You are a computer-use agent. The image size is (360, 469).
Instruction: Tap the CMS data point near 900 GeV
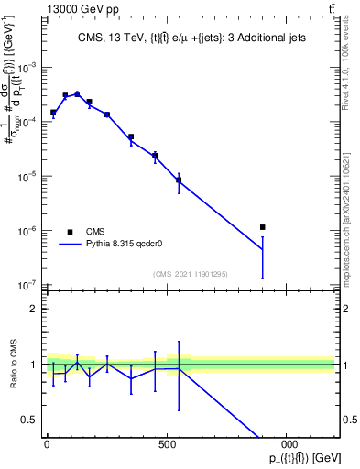[x=263, y=227]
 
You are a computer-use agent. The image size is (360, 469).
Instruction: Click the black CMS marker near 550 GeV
[x=179, y=180]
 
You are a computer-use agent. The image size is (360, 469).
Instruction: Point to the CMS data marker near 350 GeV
[x=131, y=136]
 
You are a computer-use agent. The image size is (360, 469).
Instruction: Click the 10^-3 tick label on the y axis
[x=28, y=68]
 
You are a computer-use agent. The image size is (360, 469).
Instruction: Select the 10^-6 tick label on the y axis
[x=28, y=231]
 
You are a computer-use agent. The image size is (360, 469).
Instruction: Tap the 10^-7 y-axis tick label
[x=28, y=285]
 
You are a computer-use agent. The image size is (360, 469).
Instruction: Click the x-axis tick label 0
[x=47, y=445]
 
